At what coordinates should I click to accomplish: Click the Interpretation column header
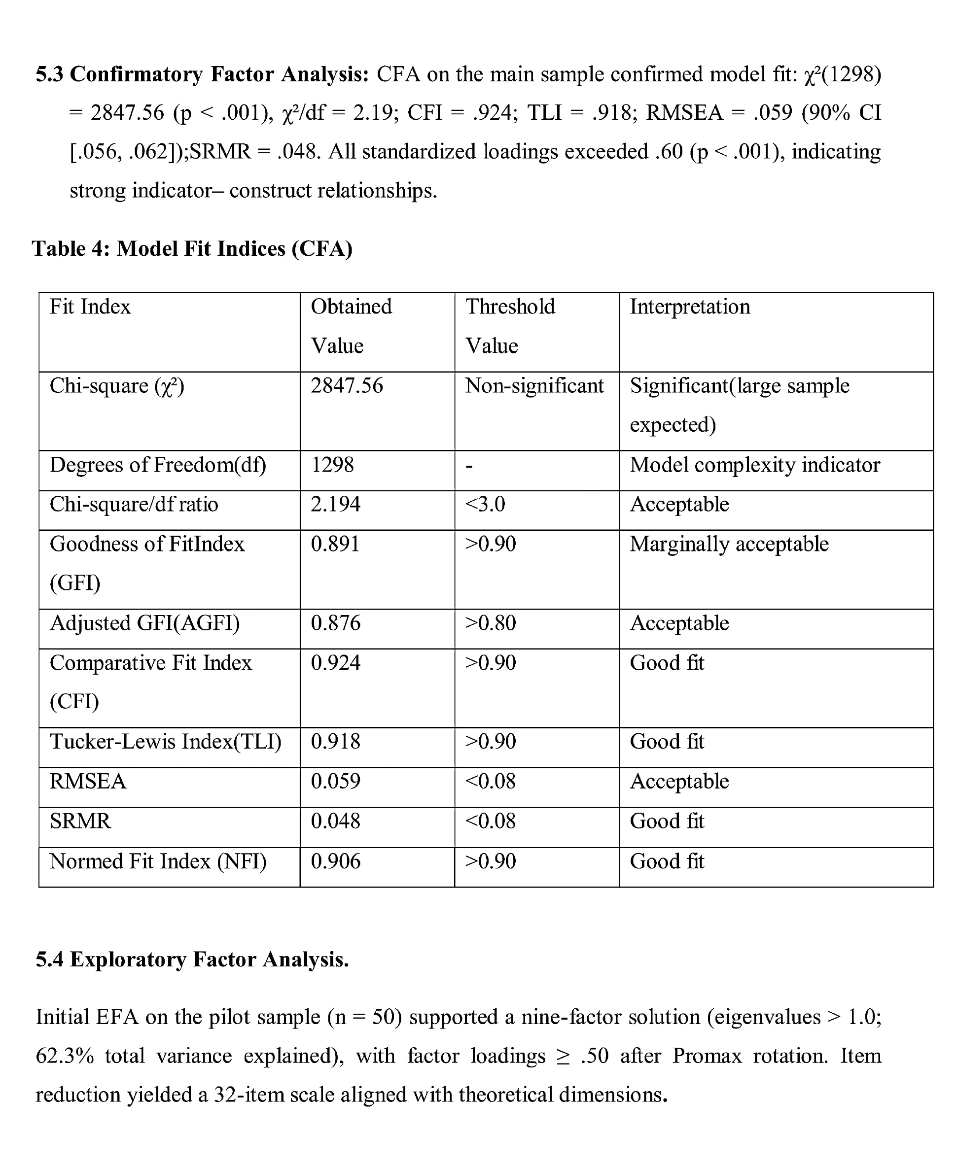[x=690, y=307]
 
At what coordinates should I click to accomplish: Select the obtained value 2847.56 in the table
[x=347, y=386]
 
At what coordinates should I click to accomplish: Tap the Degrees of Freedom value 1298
[x=332, y=465]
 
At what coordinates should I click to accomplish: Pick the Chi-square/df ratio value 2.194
[x=335, y=504]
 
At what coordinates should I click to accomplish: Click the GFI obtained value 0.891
[x=335, y=545]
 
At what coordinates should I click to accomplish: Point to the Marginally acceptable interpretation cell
[x=729, y=545]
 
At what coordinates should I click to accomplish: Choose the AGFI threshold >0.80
[x=490, y=623]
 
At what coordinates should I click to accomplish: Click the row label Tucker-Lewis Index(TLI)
[x=165, y=742]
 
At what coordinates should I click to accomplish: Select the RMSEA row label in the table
[x=88, y=782]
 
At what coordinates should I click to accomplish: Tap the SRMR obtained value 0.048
[x=335, y=821]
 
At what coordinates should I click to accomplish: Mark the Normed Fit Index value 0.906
[x=335, y=861]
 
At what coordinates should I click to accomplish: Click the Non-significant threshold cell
[x=534, y=386]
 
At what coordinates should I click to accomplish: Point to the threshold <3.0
[x=485, y=504]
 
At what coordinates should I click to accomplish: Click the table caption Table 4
[x=192, y=248]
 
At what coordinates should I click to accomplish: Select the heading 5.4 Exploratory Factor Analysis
[x=192, y=959]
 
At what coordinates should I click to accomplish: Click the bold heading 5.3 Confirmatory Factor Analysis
[x=202, y=74]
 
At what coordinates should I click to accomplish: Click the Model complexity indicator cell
[x=755, y=465]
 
